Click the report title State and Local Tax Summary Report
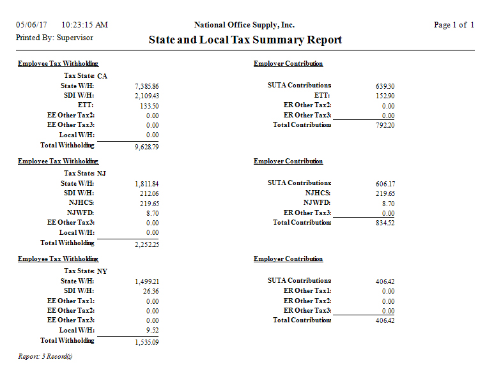click(245, 40)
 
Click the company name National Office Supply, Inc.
click(244, 25)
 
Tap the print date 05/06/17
click(32, 25)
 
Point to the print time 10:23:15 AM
click(85, 25)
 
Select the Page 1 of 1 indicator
click(454, 25)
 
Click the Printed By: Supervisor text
click(54, 38)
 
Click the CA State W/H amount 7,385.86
click(147, 86)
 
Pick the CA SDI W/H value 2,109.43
click(147, 96)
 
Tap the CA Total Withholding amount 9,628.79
click(147, 147)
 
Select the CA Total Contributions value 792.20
click(385, 126)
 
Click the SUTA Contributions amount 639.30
click(385, 86)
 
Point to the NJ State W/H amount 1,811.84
click(147, 184)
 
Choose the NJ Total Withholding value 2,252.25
click(147, 244)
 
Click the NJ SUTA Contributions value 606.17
click(385, 184)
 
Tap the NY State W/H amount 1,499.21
click(147, 281)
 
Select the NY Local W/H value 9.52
click(152, 331)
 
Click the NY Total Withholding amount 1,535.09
click(147, 342)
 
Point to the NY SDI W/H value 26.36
click(150, 291)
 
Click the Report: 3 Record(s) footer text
click(45, 356)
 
